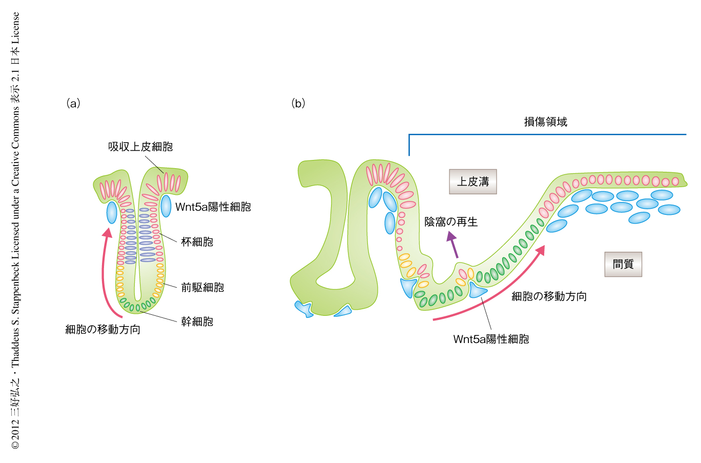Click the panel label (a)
pyautogui.click(x=73, y=104)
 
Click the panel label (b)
pyautogui.click(x=298, y=104)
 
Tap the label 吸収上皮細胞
pyautogui.click(x=140, y=147)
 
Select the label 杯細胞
pyautogui.click(x=197, y=242)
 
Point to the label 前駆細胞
pyautogui.click(x=202, y=288)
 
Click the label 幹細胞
pyautogui.click(x=197, y=322)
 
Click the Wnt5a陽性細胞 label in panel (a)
pyautogui.click(x=213, y=207)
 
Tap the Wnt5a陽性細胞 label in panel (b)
pyautogui.click(x=491, y=339)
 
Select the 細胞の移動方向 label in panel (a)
pyautogui.click(x=102, y=330)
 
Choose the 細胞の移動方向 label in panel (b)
pyautogui.click(x=549, y=296)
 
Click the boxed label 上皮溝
pyautogui.click(x=473, y=182)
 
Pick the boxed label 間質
pyautogui.click(x=623, y=264)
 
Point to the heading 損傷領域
pyautogui.click(x=545, y=122)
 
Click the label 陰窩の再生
pyautogui.click(x=451, y=222)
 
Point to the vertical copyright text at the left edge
pyautogui.click(x=15, y=231)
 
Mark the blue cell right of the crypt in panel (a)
pyautogui.click(x=166, y=206)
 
